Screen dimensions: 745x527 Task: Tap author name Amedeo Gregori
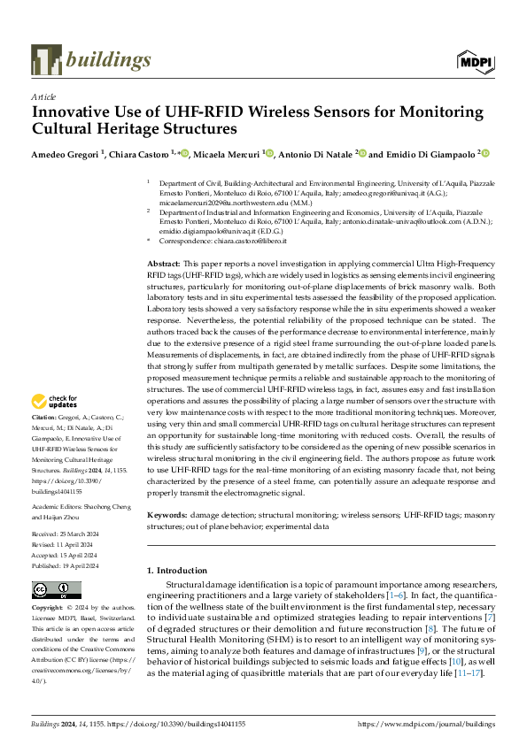[x=66, y=154]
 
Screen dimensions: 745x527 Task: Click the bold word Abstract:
[x=164, y=240]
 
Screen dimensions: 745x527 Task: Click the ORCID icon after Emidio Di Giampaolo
[x=484, y=154]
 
